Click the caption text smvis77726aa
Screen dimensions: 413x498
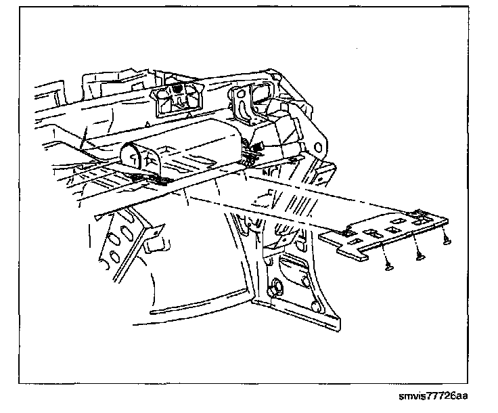pos(436,394)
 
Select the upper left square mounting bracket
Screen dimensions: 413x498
pos(178,94)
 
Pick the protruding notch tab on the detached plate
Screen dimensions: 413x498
pos(349,230)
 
